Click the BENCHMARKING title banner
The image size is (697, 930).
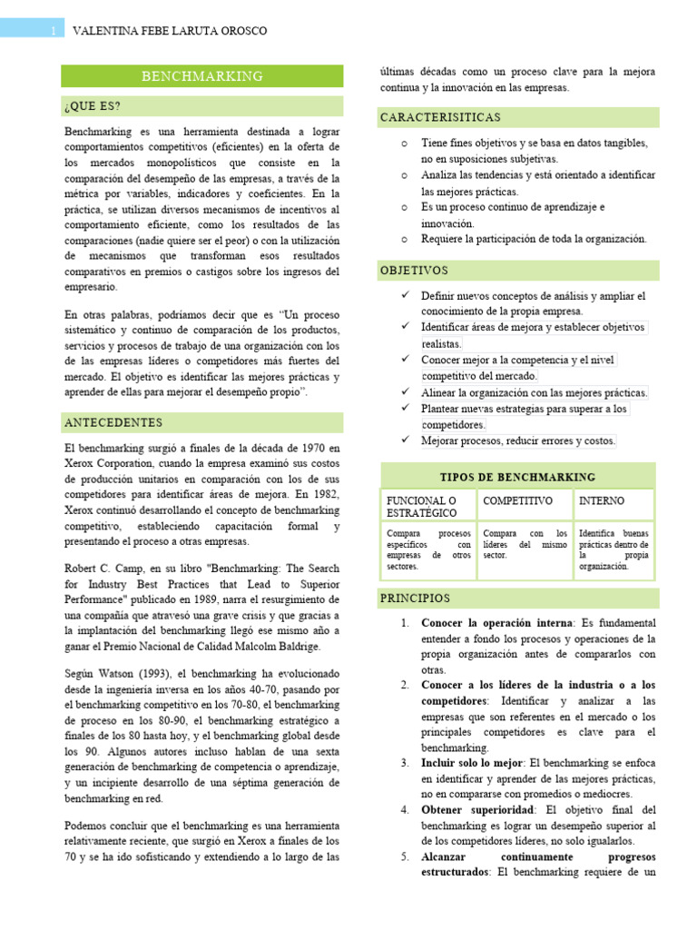click(201, 76)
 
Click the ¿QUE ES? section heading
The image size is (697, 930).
click(93, 106)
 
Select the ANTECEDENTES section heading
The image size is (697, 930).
click(113, 423)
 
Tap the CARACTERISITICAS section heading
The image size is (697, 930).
click(440, 118)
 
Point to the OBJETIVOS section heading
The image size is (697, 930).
click(414, 271)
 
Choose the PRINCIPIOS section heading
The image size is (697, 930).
click(416, 599)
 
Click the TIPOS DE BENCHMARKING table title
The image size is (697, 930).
click(517, 477)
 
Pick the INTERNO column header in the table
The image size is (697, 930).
click(602, 501)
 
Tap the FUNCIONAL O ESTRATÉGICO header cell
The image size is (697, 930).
click(423, 507)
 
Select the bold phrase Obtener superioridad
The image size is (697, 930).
click(473, 809)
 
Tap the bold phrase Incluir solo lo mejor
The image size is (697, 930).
click(473, 764)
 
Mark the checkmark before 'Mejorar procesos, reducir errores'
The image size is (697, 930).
click(405, 440)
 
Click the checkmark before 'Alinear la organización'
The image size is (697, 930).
click(405, 392)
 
